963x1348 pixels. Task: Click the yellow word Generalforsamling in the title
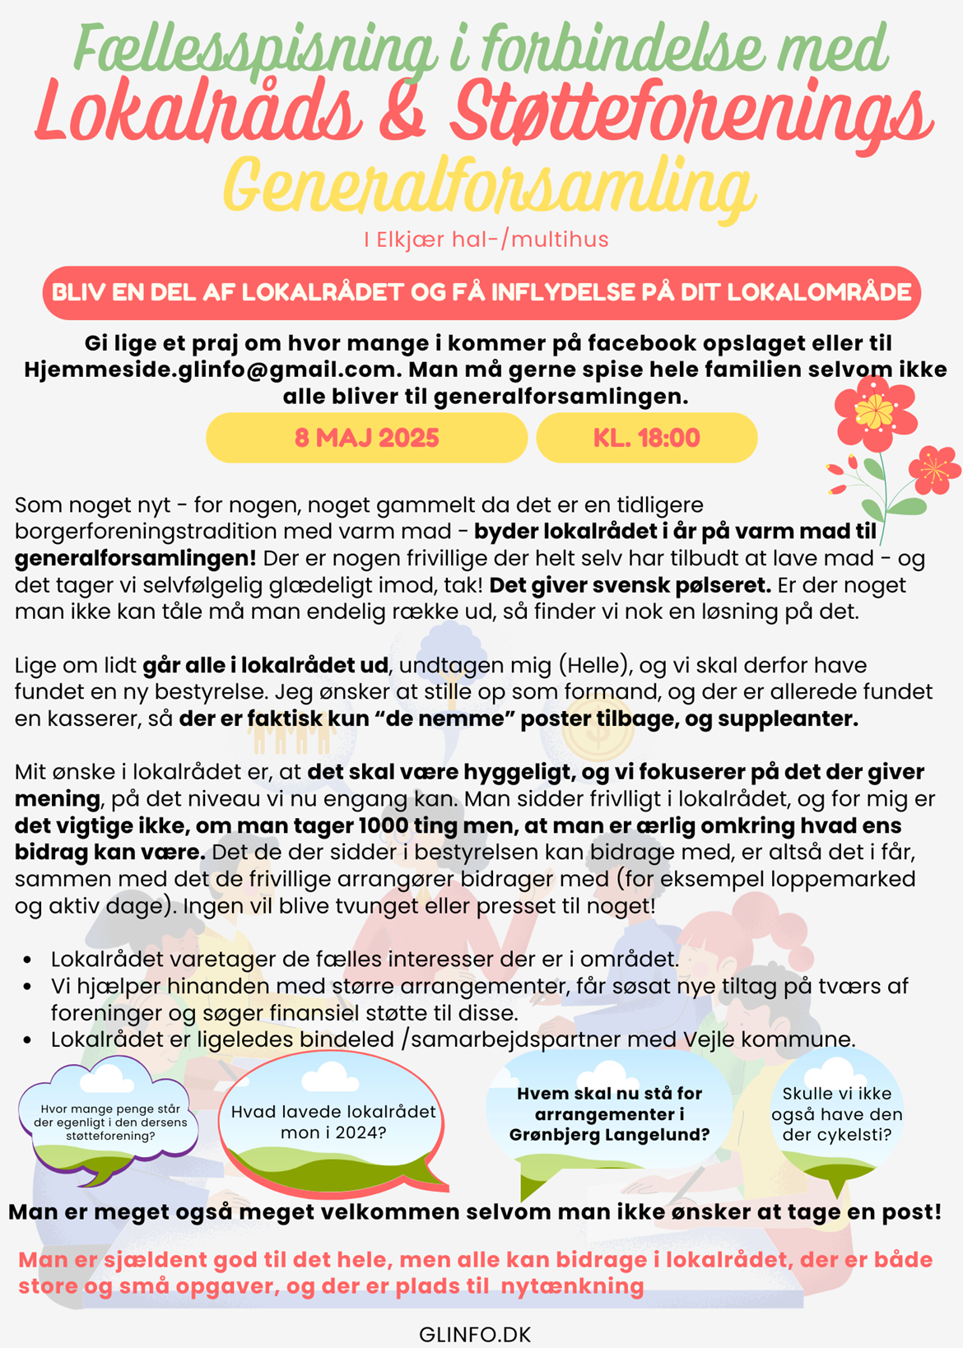(489, 188)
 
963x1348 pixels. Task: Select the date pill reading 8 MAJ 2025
(366, 438)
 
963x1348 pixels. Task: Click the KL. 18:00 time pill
(646, 438)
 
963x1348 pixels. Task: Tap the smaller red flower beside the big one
(933, 469)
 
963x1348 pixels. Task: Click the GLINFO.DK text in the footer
(475, 1334)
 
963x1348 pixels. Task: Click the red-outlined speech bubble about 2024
(333, 1123)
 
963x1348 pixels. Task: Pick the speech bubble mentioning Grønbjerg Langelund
(609, 1115)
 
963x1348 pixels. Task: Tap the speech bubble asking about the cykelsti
(836, 1115)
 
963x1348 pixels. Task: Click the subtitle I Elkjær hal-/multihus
(486, 239)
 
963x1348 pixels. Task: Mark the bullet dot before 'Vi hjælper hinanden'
(29, 987)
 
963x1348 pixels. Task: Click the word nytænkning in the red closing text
(573, 1286)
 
